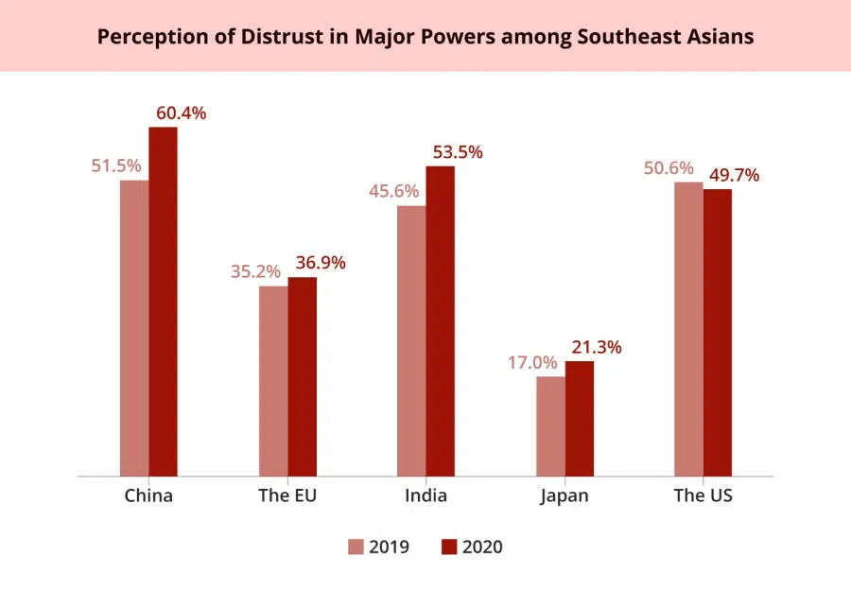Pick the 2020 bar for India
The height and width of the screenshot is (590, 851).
pyautogui.click(x=440, y=321)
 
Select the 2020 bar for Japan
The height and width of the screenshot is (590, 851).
pyautogui.click(x=580, y=418)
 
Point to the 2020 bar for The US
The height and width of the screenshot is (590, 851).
pyautogui.click(x=718, y=332)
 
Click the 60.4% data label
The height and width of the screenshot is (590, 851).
pyautogui.click(x=181, y=113)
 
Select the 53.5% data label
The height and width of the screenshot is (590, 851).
pyautogui.click(x=458, y=152)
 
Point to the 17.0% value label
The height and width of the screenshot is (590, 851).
pyautogui.click(x=532, y=363)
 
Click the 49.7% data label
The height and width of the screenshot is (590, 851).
pyautogui.click(x=734, y=175)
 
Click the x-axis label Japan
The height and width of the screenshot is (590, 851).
pyautogui.click(x=564, y=496)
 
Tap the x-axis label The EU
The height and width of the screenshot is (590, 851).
pyautogui.click(x=287, y=496)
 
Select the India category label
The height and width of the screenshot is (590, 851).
pyautogui.click(x=425, y=496)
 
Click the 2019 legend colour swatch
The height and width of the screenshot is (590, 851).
pyautogui.click(x=356, y=547)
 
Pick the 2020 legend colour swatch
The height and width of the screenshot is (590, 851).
pyautogui.click(x=449, y=547)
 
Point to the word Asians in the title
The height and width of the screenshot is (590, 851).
pyautogui.click(x=722, y=37)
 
